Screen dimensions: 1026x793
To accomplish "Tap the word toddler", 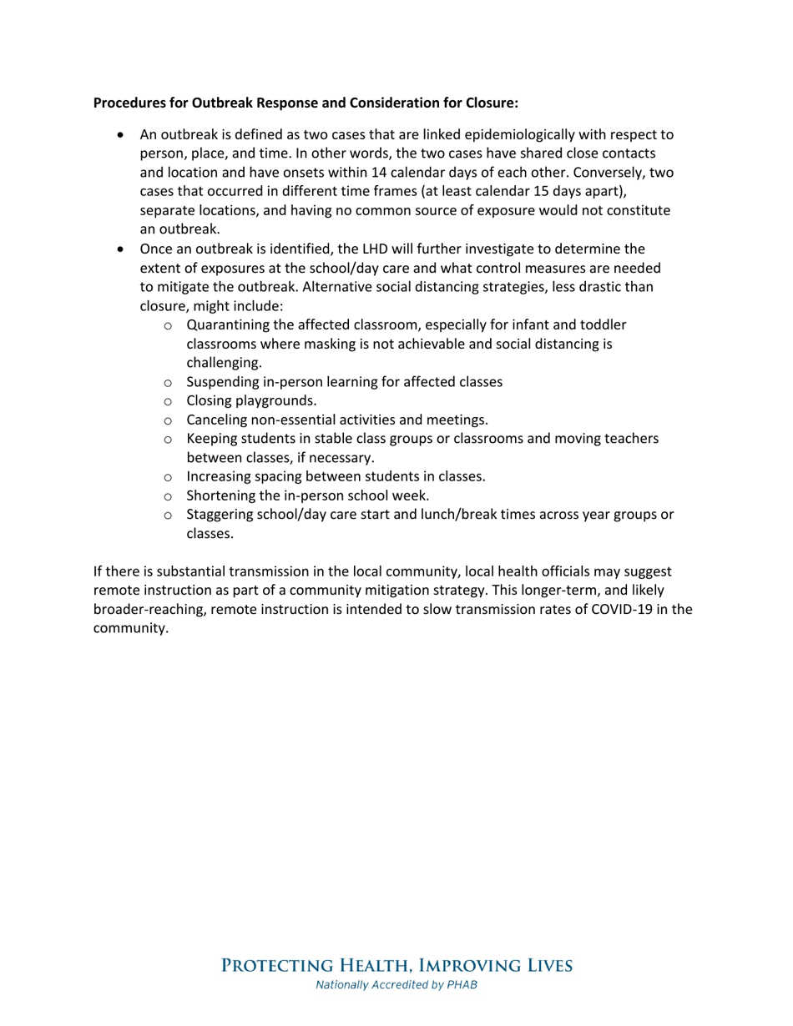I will pos(603,324).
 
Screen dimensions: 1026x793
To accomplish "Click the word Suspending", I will pos(223,382).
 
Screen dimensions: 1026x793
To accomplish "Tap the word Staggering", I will pos(222,515).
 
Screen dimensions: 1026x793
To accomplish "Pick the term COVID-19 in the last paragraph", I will pos(624,610).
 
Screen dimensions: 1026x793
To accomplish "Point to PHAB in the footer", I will pos(461,985).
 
